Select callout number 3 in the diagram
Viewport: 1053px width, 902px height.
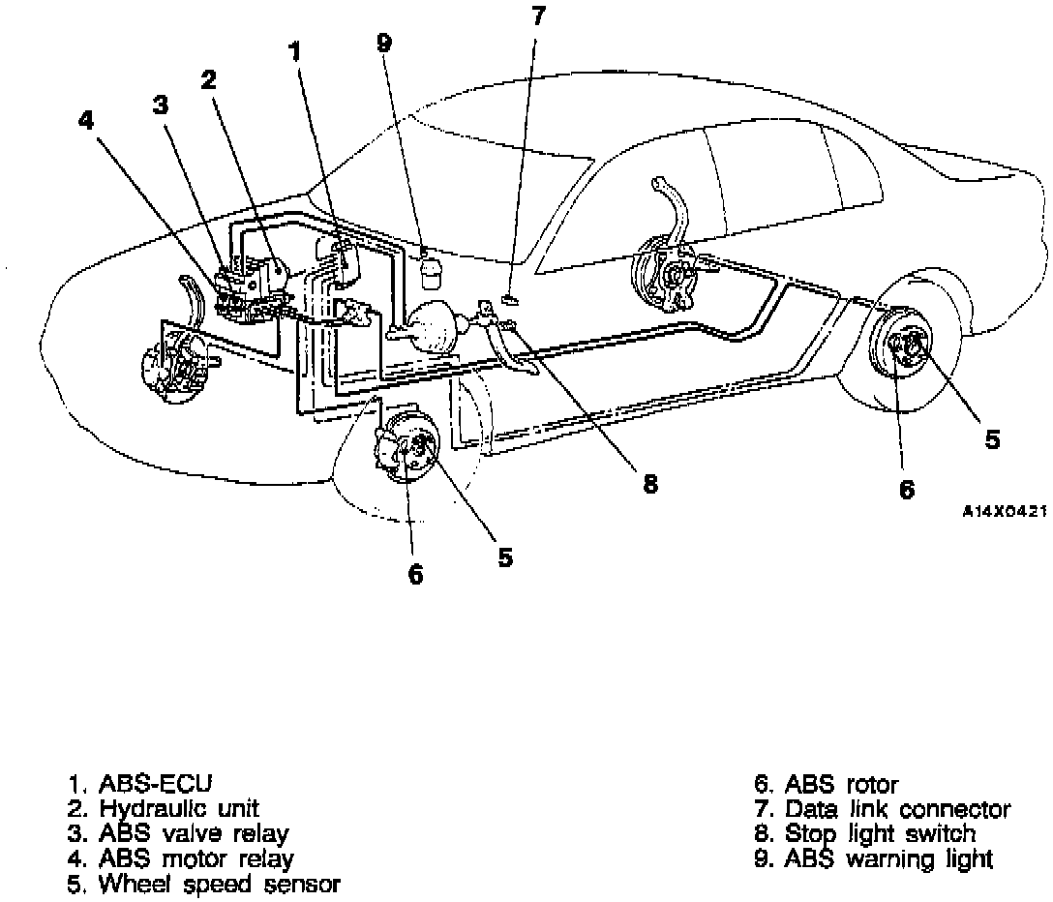coord(160,104)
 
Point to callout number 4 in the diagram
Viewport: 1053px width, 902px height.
coord(86,120)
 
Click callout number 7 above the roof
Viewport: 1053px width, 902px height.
coord(538,15)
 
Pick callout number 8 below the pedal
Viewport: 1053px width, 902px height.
coord(649,484)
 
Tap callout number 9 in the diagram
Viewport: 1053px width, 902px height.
coord(384,44)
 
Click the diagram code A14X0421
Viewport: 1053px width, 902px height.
coord(1004,513)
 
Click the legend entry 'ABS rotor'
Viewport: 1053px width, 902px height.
coord(840,784)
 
